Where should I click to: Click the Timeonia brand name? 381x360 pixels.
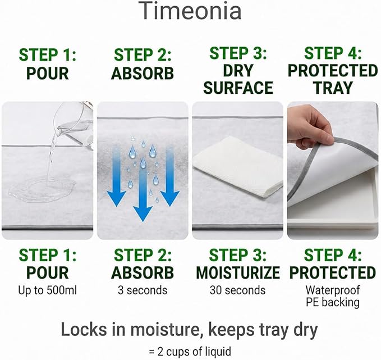(191, 11)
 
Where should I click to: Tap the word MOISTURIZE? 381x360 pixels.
(238, 272)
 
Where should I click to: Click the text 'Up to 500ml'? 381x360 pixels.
(47, 290)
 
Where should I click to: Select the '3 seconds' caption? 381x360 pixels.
(143, 290)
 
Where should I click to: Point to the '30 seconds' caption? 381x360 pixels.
(238, 290)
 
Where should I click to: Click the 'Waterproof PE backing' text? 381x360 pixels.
(333, 296)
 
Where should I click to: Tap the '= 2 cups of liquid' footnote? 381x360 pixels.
(190, 352)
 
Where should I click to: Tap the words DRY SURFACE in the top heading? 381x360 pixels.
(238, 79)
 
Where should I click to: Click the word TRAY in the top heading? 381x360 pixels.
(333, 88)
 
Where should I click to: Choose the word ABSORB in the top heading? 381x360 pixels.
(143, 73)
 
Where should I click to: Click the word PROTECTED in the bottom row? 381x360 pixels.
(333, 272)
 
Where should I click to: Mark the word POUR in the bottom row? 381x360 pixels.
(47, 272)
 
